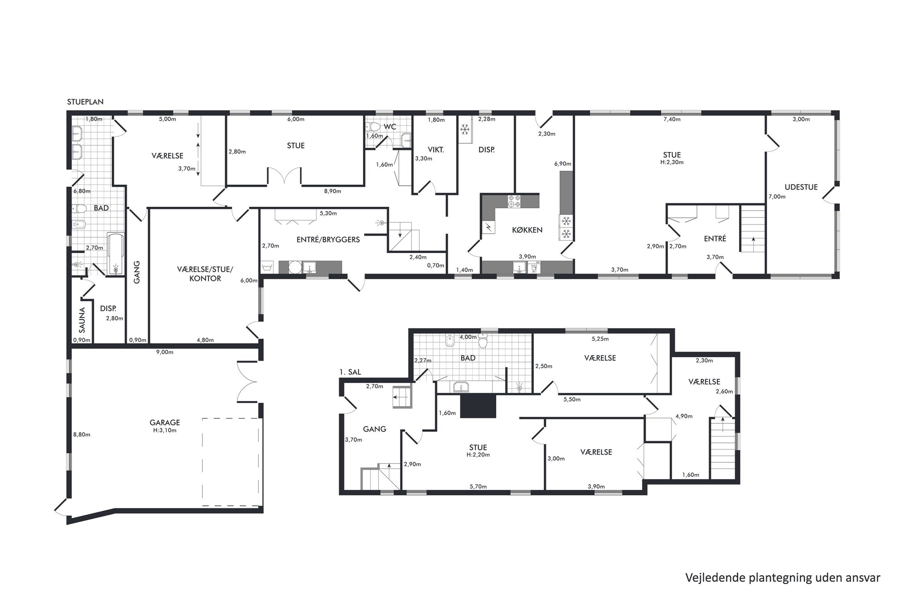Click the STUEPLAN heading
click(x=85, y=102)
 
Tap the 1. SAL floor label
click(x=350, y=372)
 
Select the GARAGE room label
click(x=165, y=422)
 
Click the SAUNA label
click(x=82, y=320)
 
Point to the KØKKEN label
click(x=527, y=230)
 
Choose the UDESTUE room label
click(x=801, y=187)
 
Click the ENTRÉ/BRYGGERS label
click(x=328, y=240)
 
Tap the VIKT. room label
click(x=436, y=150)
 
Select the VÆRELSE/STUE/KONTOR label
click(x=205, y=274)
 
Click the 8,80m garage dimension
click(x=82, y=435)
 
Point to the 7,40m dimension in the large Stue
click(x=672, y=120)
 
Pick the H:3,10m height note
click(x=165, y=431)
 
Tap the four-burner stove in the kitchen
click(x=514, y=201)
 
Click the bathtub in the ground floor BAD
click(x=116, y=254)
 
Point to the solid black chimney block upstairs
click(x=478, y=405)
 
